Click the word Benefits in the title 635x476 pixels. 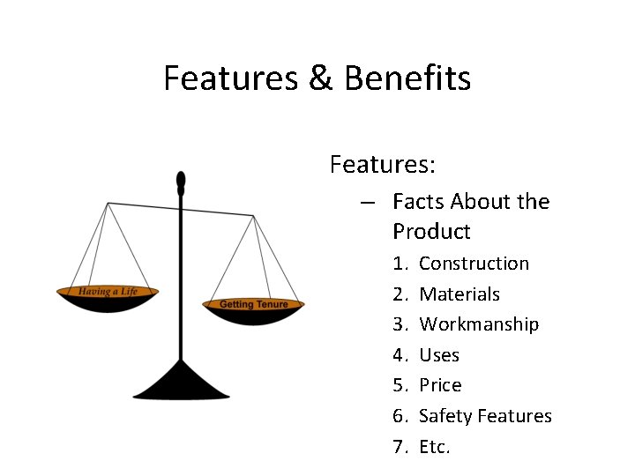[x=407, y=78]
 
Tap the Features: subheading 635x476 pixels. [x=383, y=164]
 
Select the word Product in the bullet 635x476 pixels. [x=432, y=232]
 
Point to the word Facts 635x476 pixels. [x=418, y=202]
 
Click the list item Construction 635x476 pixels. [x=474, y=264]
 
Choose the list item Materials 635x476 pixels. [x=459, y=294]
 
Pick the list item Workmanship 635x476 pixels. [x=479, y=324]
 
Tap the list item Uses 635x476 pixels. [x=439, y=355]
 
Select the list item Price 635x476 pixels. [x=440, y=385]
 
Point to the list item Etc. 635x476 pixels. [x=435, y=447]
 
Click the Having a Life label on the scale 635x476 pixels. [x=108, y=291]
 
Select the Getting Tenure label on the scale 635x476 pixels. [x=254, y=304]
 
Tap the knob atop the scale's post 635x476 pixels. [x=181, y=181]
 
